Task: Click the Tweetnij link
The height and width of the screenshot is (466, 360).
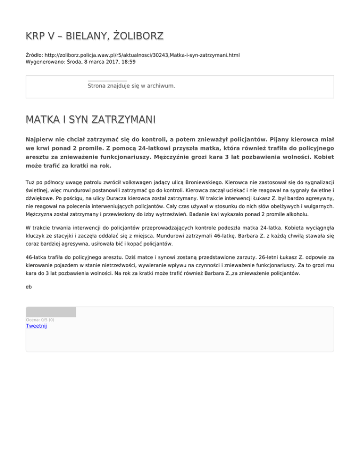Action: coord(36,326)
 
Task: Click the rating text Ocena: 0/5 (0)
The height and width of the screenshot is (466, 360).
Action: coord(40,320)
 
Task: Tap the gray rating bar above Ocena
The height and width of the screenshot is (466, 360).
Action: coord(51,312)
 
